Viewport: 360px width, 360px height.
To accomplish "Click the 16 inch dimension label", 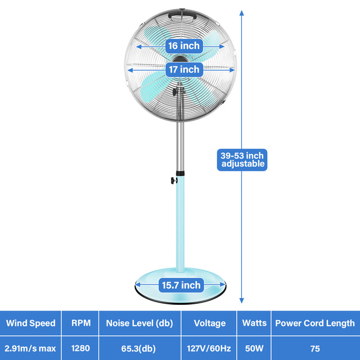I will (x=183, y=46).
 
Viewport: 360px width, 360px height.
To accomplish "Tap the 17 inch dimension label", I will (x=183, y=69).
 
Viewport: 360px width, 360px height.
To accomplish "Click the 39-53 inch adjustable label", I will (x=242, y=160).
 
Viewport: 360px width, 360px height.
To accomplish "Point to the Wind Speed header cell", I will (x=30, y=323).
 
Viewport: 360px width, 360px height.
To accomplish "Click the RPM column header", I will (x=80, y=323).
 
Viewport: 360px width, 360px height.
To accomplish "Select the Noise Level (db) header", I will (x=140, y=323).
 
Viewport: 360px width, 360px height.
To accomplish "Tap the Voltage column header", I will (x=209, y=323).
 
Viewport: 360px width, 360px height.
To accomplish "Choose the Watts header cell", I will (x=254, y=323).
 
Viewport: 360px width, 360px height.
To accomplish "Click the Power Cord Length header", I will (x=315, y=323).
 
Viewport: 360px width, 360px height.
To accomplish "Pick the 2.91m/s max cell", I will (x=30, y=348).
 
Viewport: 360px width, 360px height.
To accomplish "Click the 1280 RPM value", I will (x=80, y=348).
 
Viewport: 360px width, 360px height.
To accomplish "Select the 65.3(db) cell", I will (x=140, y=348).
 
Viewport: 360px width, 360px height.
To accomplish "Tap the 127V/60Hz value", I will (x=209, y=348).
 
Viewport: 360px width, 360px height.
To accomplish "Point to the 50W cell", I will (x=254, y=348).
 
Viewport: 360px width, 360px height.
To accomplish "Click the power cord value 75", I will (x=315, y=348).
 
